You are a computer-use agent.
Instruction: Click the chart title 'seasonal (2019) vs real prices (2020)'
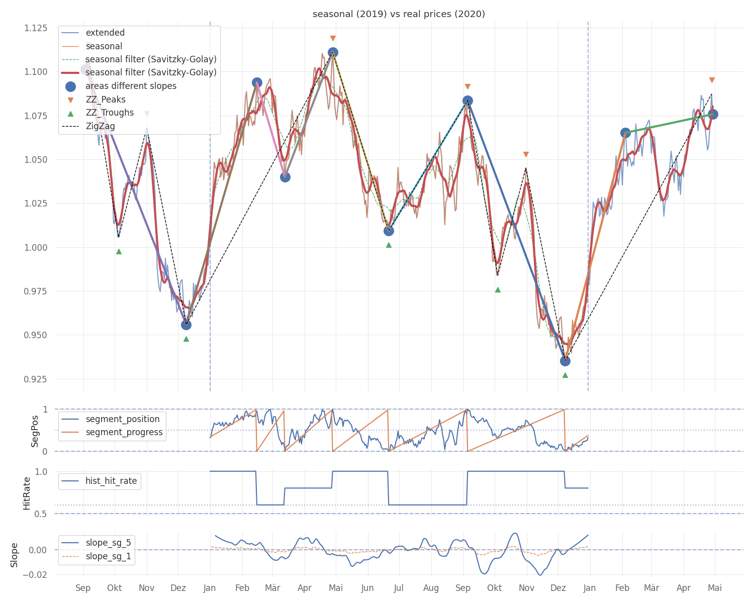click(399, 14)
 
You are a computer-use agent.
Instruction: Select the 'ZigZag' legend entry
click(100, 126)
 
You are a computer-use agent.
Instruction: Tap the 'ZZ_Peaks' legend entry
click(106, 99)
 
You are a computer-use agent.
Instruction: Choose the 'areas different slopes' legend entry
click(131, 86)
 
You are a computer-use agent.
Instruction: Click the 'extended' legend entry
click(105, 33)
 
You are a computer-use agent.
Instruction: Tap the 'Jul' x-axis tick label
click(399, 588)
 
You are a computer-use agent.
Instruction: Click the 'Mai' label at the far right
click(715, 588)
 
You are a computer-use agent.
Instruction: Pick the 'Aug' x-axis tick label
click(431, 588)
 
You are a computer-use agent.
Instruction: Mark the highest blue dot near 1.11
click(333, 52)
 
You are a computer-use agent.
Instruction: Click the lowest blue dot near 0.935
click(565, 361)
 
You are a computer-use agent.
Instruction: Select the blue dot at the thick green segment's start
click(625, 133)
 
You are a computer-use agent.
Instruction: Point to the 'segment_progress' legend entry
click(124, 432)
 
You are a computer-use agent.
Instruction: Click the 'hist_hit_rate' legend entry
click(111, 481)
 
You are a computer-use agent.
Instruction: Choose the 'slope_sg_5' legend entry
click(108, 543)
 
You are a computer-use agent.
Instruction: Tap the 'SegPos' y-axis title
click(35, 431)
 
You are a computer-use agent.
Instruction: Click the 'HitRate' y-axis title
click(27, 493)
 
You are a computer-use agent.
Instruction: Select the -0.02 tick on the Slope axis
click(37, 574)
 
